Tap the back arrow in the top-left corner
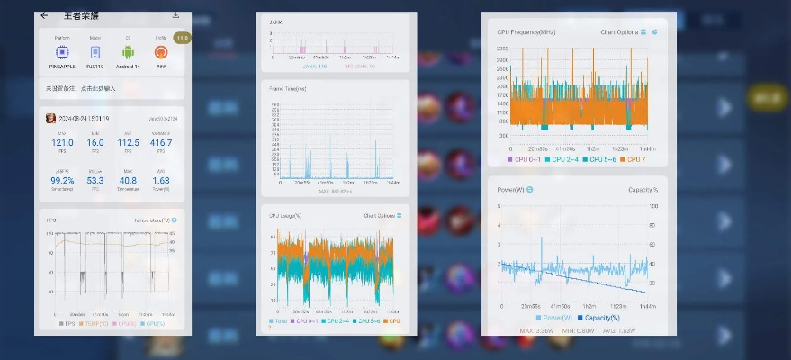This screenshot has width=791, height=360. click(x=44, y=15)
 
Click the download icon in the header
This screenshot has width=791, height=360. click(x=175, y=15)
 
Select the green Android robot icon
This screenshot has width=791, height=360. click(x=129, y=53)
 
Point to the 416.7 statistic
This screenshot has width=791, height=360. click(x=161, y=142)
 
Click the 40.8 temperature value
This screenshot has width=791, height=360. click(x=129, y=180)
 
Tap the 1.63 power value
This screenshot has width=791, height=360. click(x=161, y=180)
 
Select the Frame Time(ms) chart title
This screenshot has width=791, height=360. click(x=288, y=88)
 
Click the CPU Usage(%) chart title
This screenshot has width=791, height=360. click(x=287, y=216)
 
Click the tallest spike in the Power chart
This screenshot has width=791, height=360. click(x=542, y=238)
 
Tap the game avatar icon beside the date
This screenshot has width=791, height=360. click(x=51, y=119)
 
